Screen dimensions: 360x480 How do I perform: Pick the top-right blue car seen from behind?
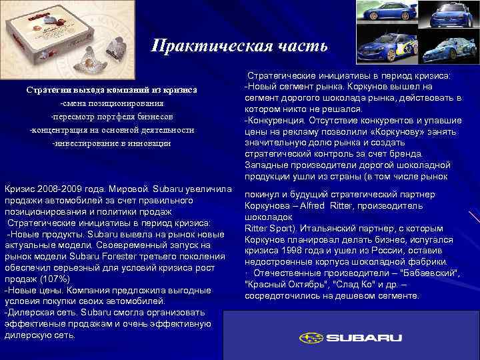[x=453, y=14]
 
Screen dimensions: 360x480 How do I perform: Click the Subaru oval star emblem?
[x=311, y=338]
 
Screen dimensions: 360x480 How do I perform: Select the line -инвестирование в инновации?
[x=111, y=143]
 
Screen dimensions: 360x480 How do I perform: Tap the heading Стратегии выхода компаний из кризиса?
[x=111, y=89]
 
